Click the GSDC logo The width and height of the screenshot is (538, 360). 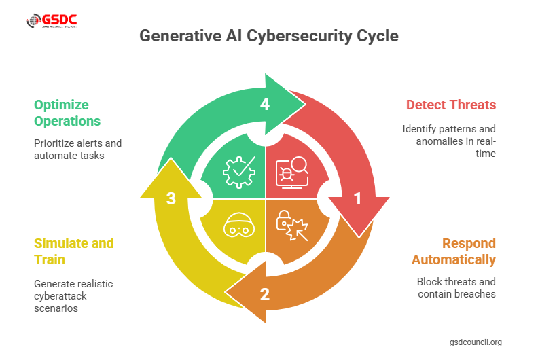[52, 21]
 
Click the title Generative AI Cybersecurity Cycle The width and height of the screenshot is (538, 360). [269, 36]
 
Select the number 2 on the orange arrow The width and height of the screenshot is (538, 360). [265, 294]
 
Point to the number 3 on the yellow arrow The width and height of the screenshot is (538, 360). [171, 198]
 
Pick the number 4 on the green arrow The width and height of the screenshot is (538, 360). [265, 104]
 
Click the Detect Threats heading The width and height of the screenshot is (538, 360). [451, 105]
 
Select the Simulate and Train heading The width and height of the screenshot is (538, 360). [74, 251]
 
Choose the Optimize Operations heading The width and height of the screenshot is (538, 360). [68, 113]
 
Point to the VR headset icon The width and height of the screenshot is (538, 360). [238, 227]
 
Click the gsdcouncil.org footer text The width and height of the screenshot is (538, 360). [476, 342]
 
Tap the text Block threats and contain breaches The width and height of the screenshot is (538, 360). [456, 288]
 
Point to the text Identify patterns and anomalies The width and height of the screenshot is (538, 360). [449, 141]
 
